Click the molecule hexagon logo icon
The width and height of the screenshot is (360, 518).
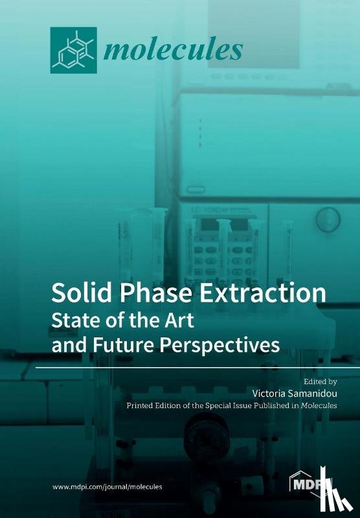pos(73,51)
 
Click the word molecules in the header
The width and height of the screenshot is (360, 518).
pos(173,49)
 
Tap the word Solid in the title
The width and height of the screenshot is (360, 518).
pos(78,293)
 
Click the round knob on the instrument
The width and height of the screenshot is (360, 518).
pos(329,220)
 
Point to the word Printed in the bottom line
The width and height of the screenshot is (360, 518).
pos(143,406)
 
